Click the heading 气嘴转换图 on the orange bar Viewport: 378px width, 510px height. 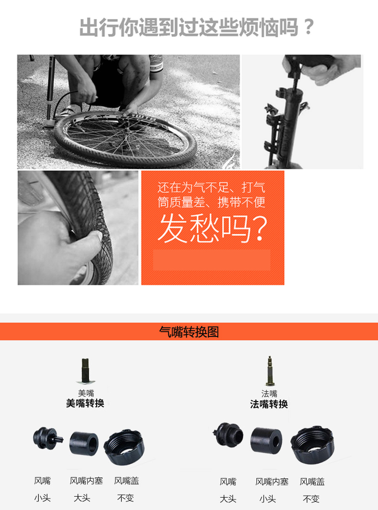[189, 332]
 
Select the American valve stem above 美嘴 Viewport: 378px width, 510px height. [85, 371]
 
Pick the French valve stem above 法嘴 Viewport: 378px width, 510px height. [269, 371]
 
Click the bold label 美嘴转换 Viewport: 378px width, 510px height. [85, 403]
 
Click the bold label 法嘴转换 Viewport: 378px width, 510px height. [269, 404]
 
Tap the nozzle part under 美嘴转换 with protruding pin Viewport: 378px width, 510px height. [47, 438]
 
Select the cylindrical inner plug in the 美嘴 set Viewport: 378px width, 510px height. [84, 444]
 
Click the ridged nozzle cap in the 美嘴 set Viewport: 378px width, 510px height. [124, 447]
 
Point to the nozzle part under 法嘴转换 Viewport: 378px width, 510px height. [228, 434]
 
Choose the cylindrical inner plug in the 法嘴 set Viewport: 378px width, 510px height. [267, 440]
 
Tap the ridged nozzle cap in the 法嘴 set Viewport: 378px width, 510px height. [312, 445]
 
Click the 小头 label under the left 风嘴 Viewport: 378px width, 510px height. [42, 498]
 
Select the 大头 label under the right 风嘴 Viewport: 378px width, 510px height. [228, 499]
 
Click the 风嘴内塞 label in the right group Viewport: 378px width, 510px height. [272, 481]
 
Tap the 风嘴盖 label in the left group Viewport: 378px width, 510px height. [127, 480]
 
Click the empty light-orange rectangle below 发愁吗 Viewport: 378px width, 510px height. [211, 260]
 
